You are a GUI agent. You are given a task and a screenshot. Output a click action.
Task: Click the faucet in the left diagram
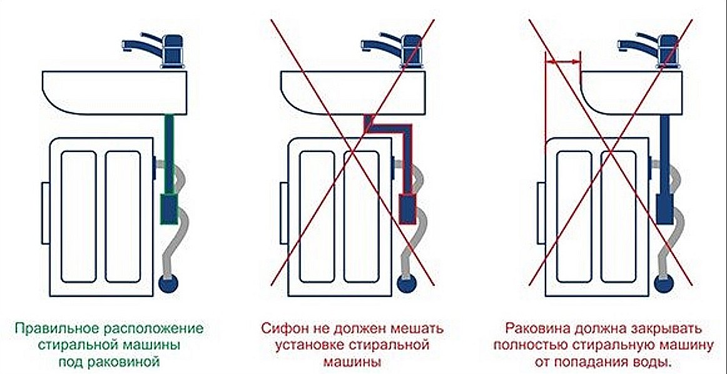[155, 49]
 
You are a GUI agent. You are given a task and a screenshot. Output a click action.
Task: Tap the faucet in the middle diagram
[393, 49]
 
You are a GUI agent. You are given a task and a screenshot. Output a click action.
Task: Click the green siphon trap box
[169, 209]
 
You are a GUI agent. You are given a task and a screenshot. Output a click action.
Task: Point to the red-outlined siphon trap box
[407, 210]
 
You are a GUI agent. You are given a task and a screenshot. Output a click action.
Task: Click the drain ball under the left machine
[169, 283]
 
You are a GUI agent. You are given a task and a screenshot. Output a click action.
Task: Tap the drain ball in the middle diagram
[407, 283]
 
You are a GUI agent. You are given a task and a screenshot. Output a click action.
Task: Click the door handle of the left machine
[45, 213]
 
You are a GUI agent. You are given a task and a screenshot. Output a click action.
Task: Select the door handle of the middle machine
[283, 213]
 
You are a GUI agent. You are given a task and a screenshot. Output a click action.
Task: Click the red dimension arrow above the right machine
[562, 61]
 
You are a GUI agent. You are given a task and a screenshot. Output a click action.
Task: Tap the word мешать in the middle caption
[421, 329]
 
